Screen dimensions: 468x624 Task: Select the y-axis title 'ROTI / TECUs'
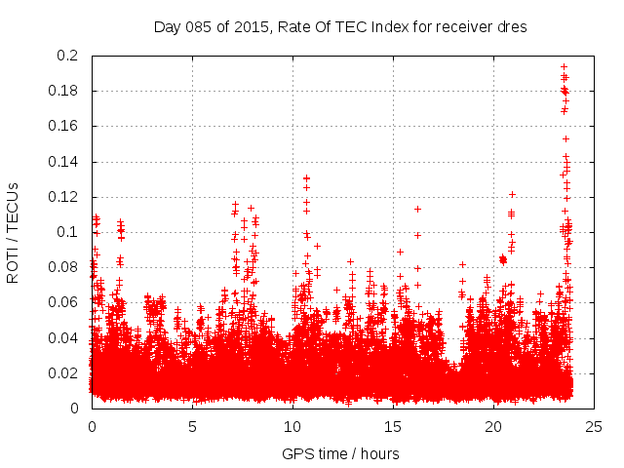[x=13, y=232]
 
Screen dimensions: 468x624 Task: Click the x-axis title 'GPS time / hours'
[x=340, y=454]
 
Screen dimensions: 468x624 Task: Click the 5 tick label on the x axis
[x=192, y=426]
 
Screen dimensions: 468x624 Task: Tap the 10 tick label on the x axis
[x=292, y=426]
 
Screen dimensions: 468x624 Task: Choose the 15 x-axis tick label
[x=393, y=426]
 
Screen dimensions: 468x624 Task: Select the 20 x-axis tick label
[x=493, y=426]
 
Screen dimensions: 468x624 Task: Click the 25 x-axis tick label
[x=594, y=426]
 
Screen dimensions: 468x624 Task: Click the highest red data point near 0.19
[x=564, y=67]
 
